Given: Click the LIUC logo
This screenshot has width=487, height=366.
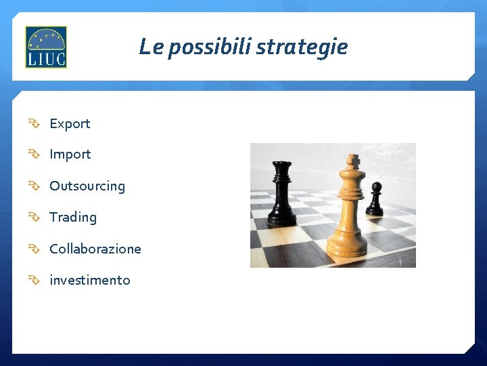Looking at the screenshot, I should pyautogui.click(x=46, y=47).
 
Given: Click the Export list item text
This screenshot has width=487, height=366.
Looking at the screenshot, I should pyautogui.click(x=70, y=123).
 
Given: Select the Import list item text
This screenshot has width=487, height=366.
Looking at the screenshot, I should pyautogui.click(x=70, y=155).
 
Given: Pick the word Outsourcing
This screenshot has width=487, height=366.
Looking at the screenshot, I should pyautogui.click(x=87, y=186).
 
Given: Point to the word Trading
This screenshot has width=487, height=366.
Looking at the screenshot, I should pyautogui.click(x=73, y=218).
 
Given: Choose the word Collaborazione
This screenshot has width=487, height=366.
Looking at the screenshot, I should pyautogui.click(x=95, y=249).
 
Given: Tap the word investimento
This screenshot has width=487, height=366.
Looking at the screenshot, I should pyautogui.click(x=90, y=280).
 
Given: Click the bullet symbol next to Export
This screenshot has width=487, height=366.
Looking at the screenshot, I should pyautogui.click(x=34, y=123).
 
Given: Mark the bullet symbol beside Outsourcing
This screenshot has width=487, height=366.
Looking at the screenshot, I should pyautogui.click(x=34, y=186).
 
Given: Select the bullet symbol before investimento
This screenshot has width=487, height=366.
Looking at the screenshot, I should pyautogui.click(x=34, y=280).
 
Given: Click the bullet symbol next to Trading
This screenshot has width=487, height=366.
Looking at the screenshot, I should pyautogui.click(x=34, y=218).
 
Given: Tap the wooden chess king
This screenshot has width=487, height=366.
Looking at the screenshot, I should pyautogui.click(x=348, y=210).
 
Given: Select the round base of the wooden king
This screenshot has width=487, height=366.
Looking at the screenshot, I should pyautogui.click(x=347, y=247).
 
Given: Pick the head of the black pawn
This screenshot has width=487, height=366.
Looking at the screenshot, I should pyautogui.click(x=377, y=188).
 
